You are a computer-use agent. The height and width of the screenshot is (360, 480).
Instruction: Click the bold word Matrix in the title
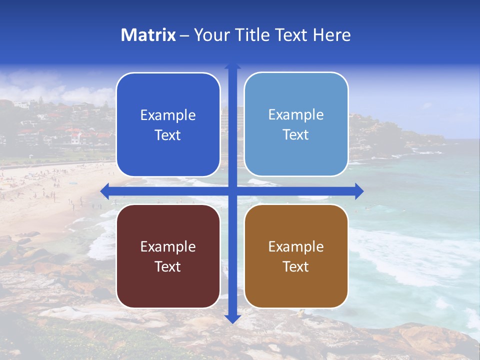click(148, 35)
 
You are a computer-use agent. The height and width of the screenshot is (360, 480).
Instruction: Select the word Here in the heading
click(331, 35)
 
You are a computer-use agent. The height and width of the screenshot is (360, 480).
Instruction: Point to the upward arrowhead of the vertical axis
click(232, 66)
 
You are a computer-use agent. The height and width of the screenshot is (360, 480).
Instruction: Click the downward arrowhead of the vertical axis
click(232, 318)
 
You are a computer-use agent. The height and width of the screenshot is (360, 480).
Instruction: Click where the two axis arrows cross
click(232, 191)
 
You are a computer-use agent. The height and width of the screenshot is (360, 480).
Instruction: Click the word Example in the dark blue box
click(168, 115)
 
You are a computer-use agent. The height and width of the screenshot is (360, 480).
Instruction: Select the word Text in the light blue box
click(296, 135)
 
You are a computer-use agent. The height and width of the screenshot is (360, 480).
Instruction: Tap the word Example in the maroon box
click(168, 247)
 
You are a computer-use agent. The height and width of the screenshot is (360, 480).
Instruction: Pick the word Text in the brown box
click(296, 267)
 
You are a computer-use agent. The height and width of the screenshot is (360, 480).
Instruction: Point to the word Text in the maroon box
click(168, 267)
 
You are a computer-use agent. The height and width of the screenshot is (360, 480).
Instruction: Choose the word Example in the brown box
click(296, 247)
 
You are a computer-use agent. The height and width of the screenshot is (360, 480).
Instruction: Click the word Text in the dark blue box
click(168, 135)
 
